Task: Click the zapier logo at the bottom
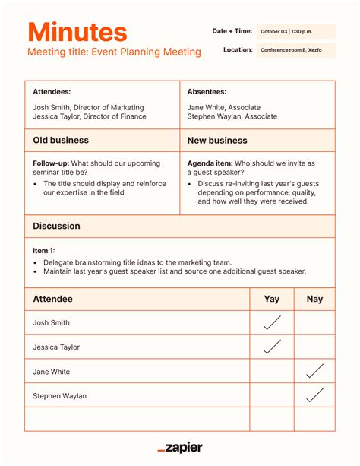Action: point(180,448)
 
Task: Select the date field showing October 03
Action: point(295,31)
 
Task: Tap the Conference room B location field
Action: point(295,50)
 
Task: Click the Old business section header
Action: point(61,141)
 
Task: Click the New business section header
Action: point(217,141)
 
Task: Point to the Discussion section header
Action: point(56,226)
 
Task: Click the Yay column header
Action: point(272,300)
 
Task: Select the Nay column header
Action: point(314,300)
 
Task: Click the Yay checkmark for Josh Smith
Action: point(272,322)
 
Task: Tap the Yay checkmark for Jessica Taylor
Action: point(272,347)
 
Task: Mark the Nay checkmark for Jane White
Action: point(314,371)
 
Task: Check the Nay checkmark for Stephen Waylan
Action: point(314,395)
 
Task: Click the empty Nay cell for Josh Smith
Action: point(314,323)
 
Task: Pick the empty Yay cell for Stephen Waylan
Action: point(272,395)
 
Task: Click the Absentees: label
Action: point(207,92)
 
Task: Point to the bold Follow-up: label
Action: point(50,163)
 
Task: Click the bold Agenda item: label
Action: point(210,163)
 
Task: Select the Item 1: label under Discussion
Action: point(44,250)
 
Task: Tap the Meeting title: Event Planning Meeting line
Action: point(114,52)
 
